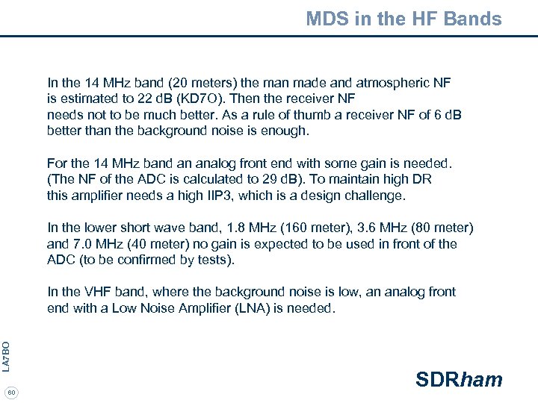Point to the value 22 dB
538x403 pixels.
coord(155,99)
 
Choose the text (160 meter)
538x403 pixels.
coord(309,228)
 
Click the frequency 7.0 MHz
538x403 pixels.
coord(98,244)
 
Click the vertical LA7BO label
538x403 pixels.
coord(6,356)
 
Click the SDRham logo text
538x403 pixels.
coord(459,380)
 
